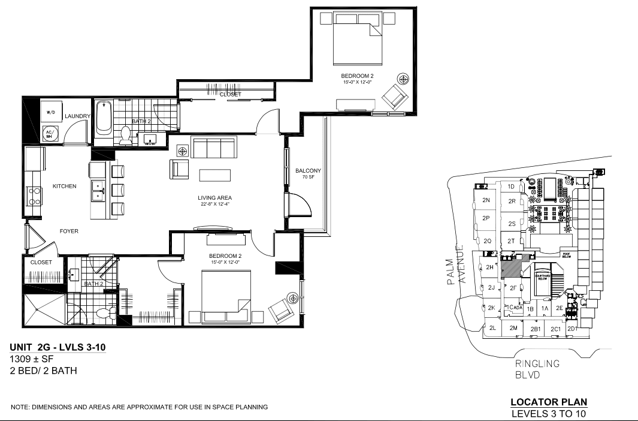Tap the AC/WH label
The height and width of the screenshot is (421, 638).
click(x=49, y=134)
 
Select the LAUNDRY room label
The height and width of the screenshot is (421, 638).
click(x=77, y=116)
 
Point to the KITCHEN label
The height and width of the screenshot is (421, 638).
click(x=64, y=186)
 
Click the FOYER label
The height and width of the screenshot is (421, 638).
click(x=68, y=231)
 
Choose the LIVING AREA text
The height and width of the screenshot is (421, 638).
click(x=215, y=198)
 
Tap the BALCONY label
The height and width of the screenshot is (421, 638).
click(x=308, y=171)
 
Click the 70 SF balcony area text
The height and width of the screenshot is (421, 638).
click(x=308, y=178)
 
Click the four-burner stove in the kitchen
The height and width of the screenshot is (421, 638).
click(x=33, y=196)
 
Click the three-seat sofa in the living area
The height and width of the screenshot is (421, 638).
click(x=214, y=147)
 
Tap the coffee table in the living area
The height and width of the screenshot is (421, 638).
click(x=215, y=175)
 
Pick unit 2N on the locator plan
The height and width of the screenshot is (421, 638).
click(x=486, y=200)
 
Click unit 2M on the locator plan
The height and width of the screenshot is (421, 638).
click(x=513, y=327)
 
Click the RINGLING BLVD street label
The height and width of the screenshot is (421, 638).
click(x=536, y=369)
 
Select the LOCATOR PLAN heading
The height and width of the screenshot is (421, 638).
click(x=548, y=402)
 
